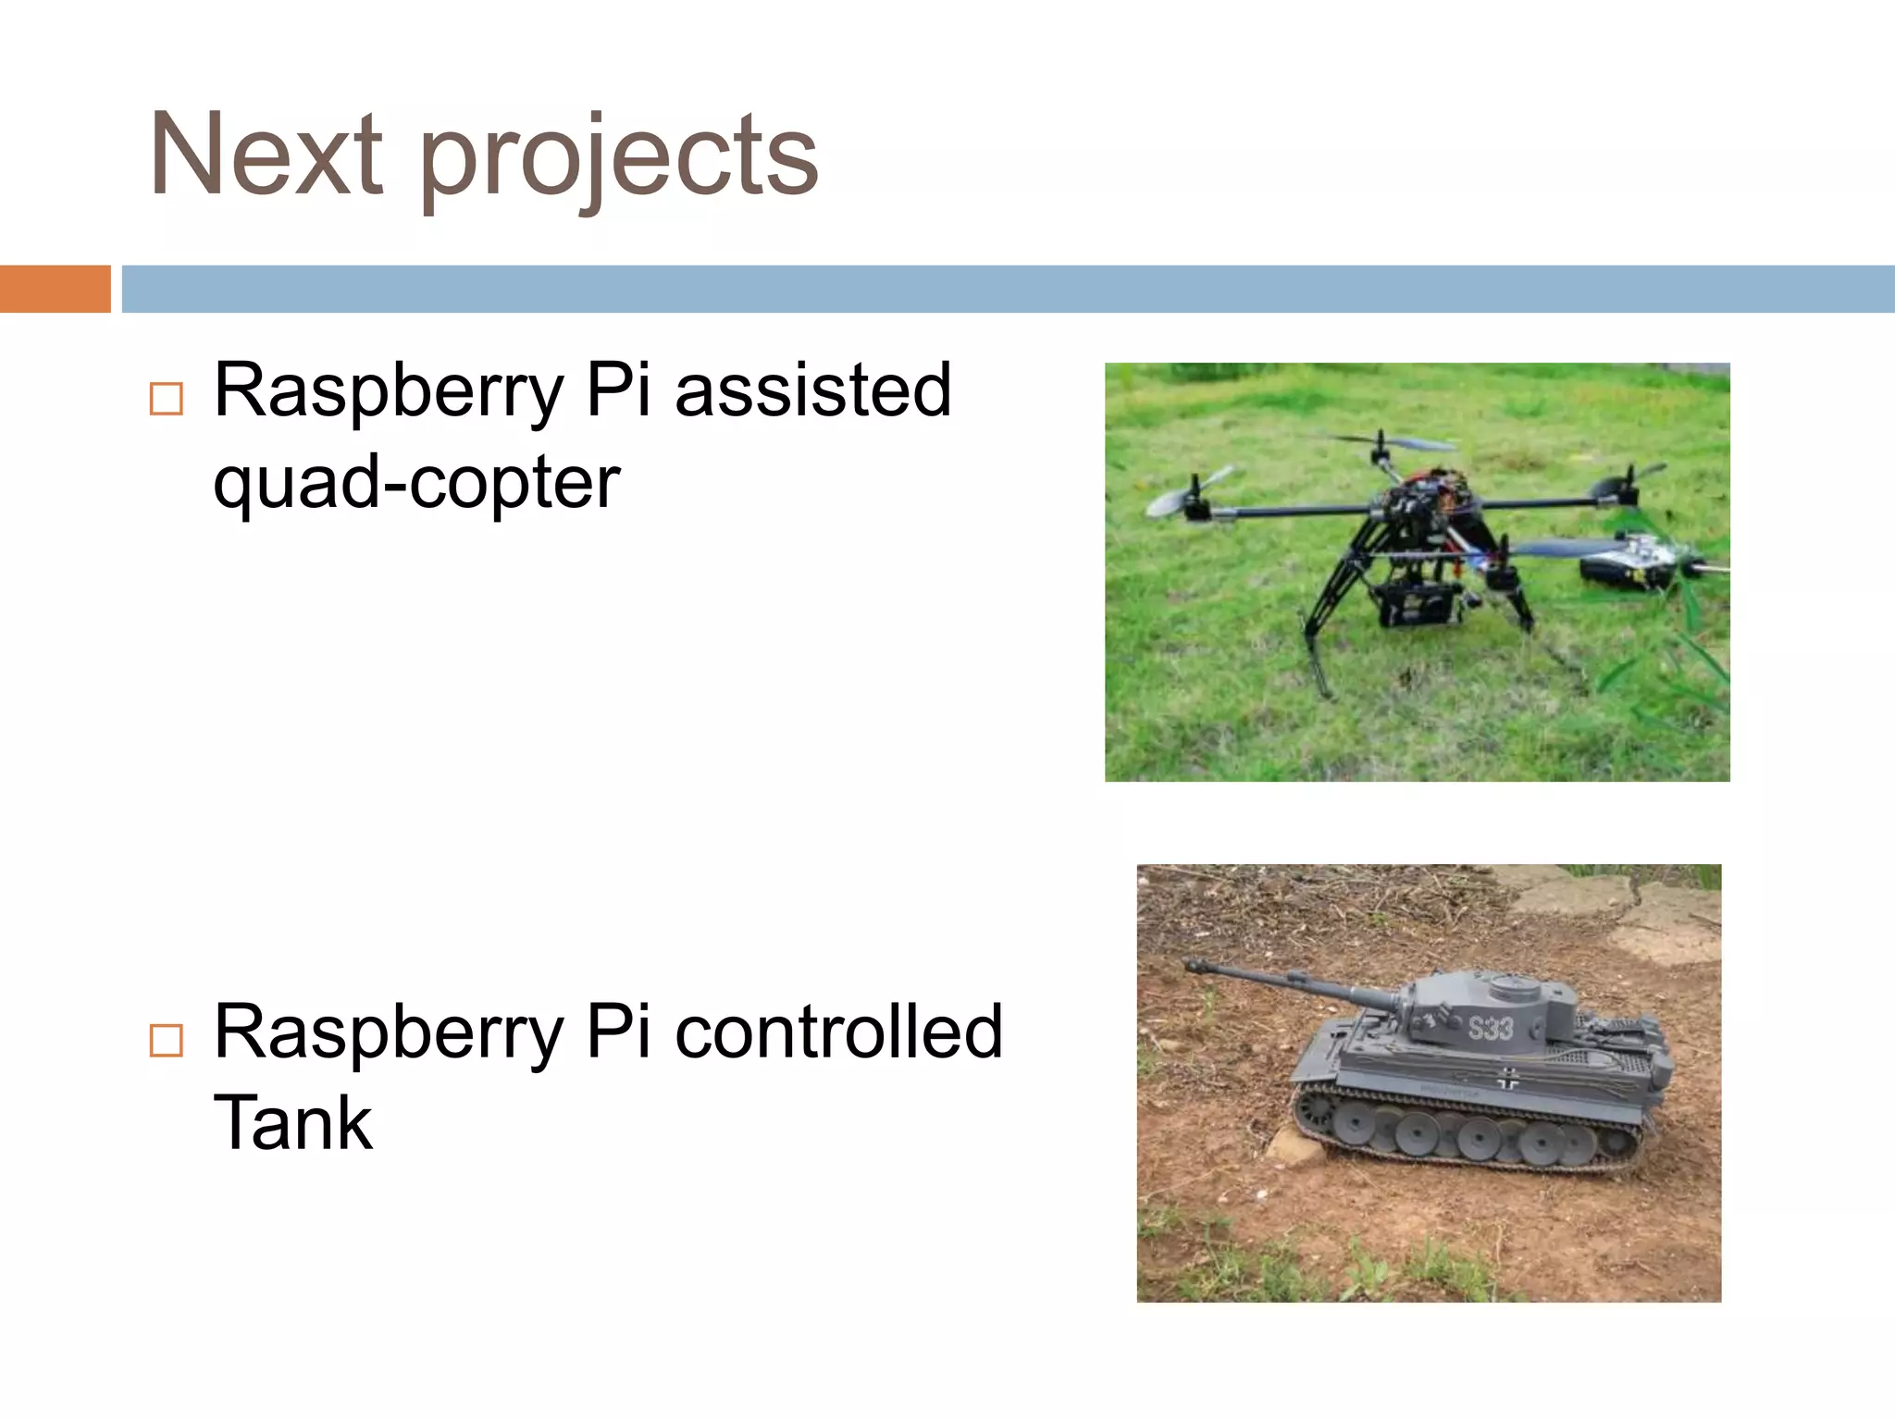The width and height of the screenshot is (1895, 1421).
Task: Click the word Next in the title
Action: coord(266,154)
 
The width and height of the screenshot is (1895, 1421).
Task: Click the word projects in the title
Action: coord(619,159)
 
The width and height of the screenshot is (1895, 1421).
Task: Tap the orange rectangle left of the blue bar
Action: coord(55,289)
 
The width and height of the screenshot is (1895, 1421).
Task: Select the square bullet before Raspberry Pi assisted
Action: coord(167,399)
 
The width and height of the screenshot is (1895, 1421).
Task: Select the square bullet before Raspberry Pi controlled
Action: coord(167,1041)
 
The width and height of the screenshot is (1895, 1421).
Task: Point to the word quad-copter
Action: coord(416,483)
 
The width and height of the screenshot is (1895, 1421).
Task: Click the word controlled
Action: coord(838,1032)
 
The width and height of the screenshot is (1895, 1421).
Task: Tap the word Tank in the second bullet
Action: coord(292,1123)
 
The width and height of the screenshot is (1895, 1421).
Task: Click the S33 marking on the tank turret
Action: coord(1491,1028)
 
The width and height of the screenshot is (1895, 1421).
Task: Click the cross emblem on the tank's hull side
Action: coord(1508,1078)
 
